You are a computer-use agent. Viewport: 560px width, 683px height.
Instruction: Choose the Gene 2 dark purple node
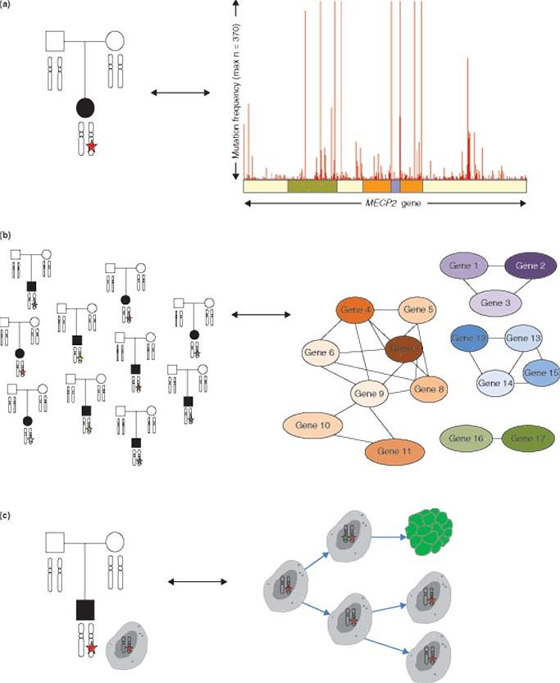[530, 267]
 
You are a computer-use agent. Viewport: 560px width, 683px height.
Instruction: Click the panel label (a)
[7, 7]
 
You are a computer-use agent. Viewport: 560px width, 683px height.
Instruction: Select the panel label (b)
[7, 238]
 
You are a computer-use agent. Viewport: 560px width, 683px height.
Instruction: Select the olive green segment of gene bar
[312, 186]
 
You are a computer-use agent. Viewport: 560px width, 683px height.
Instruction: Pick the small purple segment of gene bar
[395, 186]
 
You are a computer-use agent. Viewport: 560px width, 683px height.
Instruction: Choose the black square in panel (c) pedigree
[86, 610]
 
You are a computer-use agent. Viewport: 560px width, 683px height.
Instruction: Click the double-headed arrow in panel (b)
[262, 313]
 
